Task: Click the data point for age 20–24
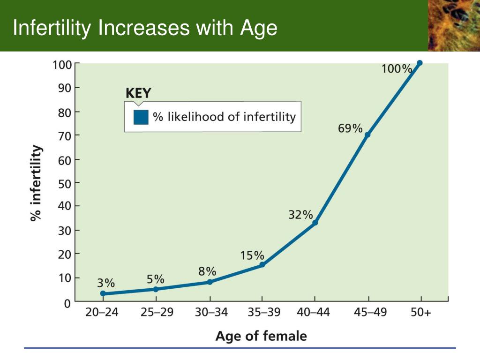103,293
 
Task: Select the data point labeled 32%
315,223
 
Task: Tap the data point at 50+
420,63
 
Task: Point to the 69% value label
350,128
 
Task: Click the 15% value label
252,255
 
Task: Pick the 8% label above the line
207,271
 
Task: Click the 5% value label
156,279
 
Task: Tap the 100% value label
397,68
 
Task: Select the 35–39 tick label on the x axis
264,312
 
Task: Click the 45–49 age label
370,312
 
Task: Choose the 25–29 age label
157,312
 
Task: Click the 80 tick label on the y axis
65,113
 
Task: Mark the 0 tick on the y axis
67,304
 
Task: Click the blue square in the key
141,117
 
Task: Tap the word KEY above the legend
138,93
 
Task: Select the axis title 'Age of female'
261,336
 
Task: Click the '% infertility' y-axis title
36,183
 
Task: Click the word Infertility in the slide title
52,28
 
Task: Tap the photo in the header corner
454,25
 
